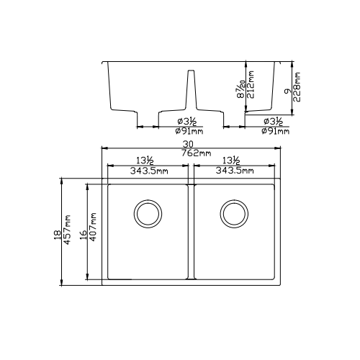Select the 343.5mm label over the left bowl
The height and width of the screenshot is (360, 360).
[x=148, y=171]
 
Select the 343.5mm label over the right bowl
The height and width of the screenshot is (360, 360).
[x=234, y=171]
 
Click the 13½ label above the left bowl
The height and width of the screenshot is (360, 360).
[x=147, y=161]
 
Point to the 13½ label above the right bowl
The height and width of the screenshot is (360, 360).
[x=232, y=161]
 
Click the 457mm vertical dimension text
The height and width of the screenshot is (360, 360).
[x=68, y=230]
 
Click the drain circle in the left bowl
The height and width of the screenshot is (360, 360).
[x=148, y=213]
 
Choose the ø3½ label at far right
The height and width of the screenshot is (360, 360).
[x=275, y=121]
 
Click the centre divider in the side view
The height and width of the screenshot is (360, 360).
[x=191, y=90]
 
